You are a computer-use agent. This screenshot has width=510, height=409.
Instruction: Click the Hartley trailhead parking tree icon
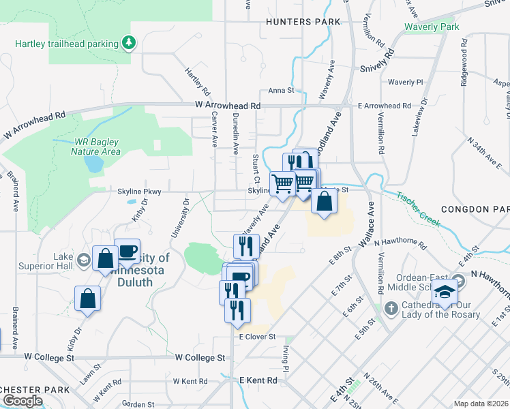tap(129, 44)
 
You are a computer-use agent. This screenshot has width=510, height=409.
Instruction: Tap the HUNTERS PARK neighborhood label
tap(303, 22)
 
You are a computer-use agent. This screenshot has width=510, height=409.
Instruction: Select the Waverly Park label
tap(432, 27)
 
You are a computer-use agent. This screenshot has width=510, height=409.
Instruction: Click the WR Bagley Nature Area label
tap(97, 147)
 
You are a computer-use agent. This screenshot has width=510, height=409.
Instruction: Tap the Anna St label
tap(281, 90)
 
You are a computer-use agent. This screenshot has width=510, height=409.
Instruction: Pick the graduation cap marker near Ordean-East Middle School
tap(445, 292)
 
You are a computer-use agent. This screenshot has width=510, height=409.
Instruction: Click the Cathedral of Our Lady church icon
tap(392, 309)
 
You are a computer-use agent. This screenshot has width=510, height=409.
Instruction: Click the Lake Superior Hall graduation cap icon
tap(83, 260)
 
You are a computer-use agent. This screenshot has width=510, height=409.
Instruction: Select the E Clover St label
tap(257, 337)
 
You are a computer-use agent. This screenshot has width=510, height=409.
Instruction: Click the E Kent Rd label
tap(258, 380)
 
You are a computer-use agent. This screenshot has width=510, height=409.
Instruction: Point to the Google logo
tap(22, 401)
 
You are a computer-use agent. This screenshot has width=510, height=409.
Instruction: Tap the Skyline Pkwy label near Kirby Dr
tap(139, 192)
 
